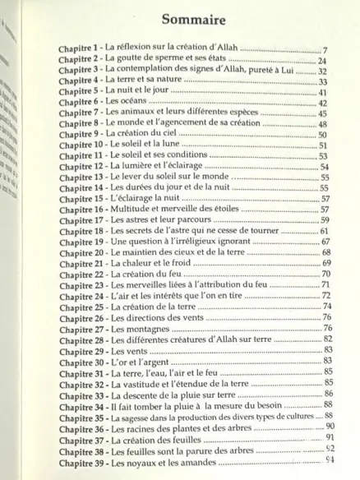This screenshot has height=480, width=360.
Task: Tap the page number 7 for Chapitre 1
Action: click(326, 51)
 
